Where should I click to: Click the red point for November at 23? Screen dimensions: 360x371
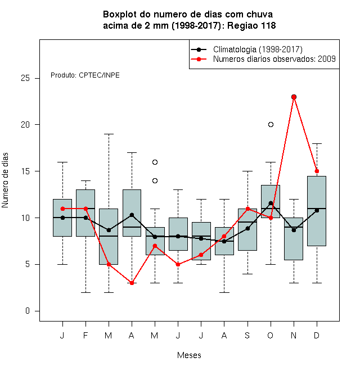pyautogui.click(x=294, y=97)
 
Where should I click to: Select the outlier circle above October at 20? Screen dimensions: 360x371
pyautogui.click(x=271, y=124)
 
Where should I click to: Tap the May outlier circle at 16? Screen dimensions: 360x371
pyautogui.click(x=155, y=162)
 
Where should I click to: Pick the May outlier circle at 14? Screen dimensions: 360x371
pyautogui.click(x=155, y=181)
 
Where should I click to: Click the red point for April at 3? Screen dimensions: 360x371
pyautogui.click(x=132, y=283)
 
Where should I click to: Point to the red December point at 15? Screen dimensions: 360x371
pyautogui.click(x=317, y=171)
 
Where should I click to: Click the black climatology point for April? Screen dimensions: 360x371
pyautogui.click(x=132, y=215)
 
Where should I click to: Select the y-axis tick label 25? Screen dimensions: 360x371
pyautogui.click(x=25, y=78)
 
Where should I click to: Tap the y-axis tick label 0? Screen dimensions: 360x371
pyautogui.click(x=28, y=311)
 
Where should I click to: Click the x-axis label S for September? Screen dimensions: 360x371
pyautogui.click(x=247, y=335)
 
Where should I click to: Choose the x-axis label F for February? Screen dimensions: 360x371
pyautogui.click(x=85, y=335)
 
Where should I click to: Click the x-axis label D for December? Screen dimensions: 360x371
pyautogui.click(x=317, y=335)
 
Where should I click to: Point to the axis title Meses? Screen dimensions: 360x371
pyautogui.click(x=189, y=355)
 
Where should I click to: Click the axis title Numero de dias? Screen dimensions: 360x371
pyautogui.click(x=5, y=180)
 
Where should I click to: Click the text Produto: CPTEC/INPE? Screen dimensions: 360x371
pyautogui.click(x=85, y=75)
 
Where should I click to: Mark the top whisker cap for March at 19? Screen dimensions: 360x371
pyautogui.click(x=109, y=134)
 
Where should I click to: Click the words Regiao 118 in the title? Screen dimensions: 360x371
pyautogui.click(x=251, y=25)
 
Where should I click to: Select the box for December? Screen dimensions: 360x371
pyautogui.click(x=317, y=211)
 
